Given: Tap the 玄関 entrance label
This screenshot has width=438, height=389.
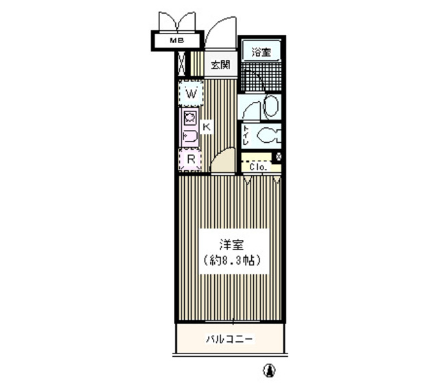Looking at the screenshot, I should coord(219,66).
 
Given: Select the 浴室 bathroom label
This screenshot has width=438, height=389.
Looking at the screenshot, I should coord(260,52).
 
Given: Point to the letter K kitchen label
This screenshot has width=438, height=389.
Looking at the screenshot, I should coord(205,126).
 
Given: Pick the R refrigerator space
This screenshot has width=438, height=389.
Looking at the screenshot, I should coord(192,160).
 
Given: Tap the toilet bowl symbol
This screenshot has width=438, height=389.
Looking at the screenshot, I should coord(269,135).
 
